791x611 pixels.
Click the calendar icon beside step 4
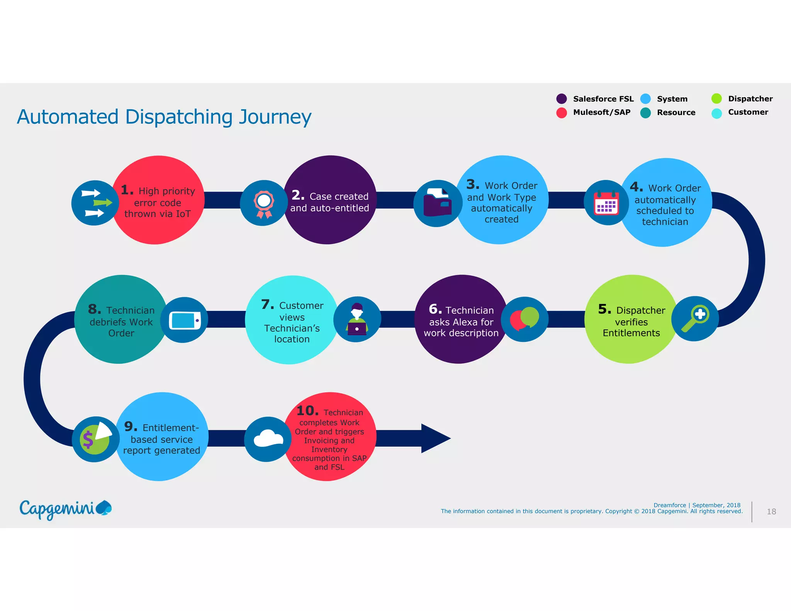tap(606, 203)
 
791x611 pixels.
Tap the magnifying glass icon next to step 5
tap(695, 319)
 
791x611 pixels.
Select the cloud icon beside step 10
tap(268, 439)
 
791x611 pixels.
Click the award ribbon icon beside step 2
tap(264, 204)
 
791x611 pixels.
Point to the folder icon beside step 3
tap(437, 203)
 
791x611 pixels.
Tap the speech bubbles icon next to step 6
tap(524, 319)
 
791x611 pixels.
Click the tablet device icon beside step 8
tap(185, 320)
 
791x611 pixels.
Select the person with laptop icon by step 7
tap(357, 319)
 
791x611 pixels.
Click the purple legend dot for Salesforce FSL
tap(562, 99)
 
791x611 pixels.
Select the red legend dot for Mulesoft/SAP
tap(562, 112)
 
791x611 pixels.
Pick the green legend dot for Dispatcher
tap(716, 99)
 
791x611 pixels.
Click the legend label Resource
tap(676, 112)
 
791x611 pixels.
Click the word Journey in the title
tap(275, 117)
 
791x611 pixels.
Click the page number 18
tap(771, 512)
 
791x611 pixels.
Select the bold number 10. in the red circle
tap(307, 411)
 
